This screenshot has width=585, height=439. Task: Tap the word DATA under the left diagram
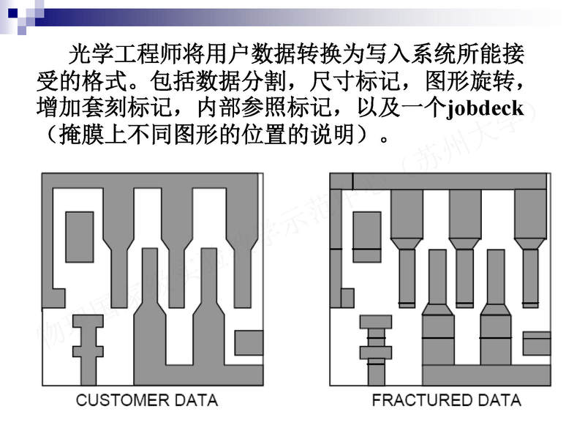[194, 400]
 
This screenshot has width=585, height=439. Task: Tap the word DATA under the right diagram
[497, 400]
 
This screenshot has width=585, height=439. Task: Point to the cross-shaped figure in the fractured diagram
[376, 348]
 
